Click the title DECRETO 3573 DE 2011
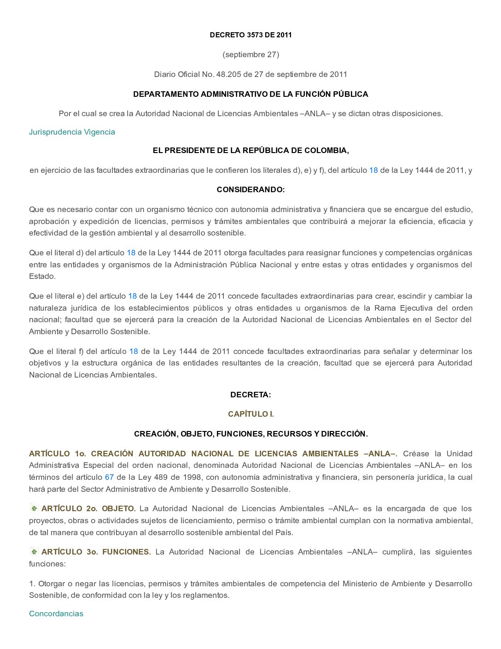(x=250, y=35)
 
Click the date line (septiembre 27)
(x=250, y=54)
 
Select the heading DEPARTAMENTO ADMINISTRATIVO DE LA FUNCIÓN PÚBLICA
(x=250, y=94)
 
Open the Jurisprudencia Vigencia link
(x=72, y=132)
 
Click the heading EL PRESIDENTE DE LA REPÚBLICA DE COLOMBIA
(x=250, y=150)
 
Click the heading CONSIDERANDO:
(x=250, y=189)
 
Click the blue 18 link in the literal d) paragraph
(x=131, y=253)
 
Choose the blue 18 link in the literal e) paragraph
(x=133, y=296)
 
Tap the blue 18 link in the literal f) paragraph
(x=134, y=351)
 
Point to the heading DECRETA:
(x=250, y=395)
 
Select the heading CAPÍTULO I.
(x=250, y=414)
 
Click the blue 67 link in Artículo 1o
(x=109, y=477)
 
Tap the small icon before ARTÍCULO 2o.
(x=34, y=508)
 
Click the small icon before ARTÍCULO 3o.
(x=34, y=552)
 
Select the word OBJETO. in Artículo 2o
(x=119, y=508)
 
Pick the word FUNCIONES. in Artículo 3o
(x=127, y=552)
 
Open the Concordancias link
(x=56, y=614)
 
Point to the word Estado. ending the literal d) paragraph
(x=42, y=276)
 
